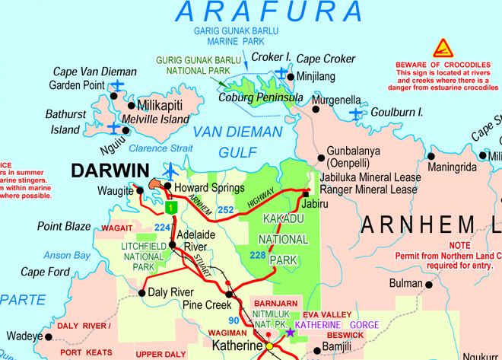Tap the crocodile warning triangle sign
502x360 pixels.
pyautogui.click(x=443, y=49)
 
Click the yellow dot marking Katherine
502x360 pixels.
pyautogui.click(x=268, y=346)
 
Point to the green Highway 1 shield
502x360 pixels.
pyautogui.click(x=171, y=206)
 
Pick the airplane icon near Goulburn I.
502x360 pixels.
pyautogui.click(x=356, y=113)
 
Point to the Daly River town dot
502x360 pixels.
pyautogui.click(x=142, y=292)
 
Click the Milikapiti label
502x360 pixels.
pyautogui.click(x=163, y=105)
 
